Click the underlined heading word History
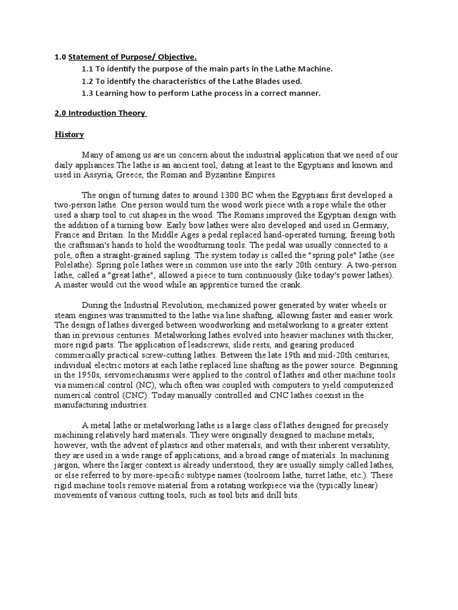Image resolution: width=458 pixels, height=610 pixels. click(x=69, y=135)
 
